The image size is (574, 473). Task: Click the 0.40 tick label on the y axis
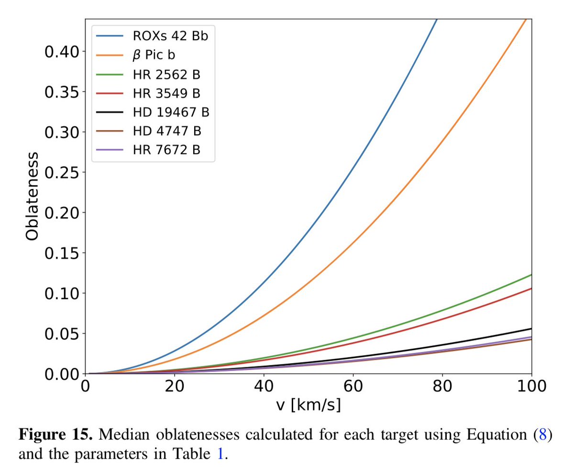[61, 52]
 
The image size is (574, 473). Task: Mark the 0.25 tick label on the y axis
[61, 172]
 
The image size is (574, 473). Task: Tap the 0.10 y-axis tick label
[61, 293]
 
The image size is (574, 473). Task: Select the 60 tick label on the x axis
[353, 386]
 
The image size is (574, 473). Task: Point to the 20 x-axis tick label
[175, 386]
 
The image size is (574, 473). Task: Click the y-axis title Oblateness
[32, 197]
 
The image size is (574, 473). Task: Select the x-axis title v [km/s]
[309, 406]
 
